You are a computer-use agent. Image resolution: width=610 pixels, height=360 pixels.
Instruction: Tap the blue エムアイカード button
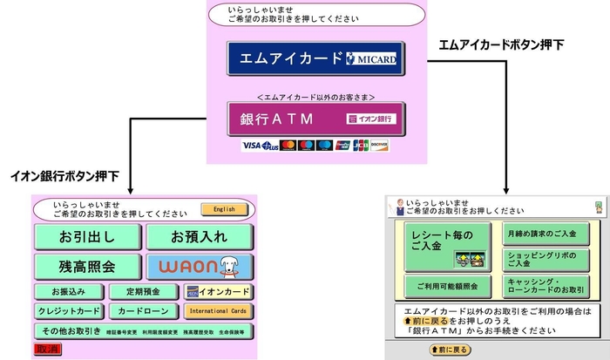point(316,58)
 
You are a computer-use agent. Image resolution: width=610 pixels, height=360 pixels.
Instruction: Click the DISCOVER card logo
point(379,145)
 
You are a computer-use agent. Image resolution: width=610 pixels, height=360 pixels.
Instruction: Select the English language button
point(219,209)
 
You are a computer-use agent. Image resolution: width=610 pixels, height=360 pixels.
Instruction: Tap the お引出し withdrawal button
point(86,236)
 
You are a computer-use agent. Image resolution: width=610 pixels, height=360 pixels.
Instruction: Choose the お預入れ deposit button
point(199,236)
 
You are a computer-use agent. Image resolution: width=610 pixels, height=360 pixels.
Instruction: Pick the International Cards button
point(218,311)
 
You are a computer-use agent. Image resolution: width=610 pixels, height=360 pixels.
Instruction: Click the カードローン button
point(139,311)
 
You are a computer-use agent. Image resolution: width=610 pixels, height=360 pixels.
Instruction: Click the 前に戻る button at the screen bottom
point(451,350)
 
